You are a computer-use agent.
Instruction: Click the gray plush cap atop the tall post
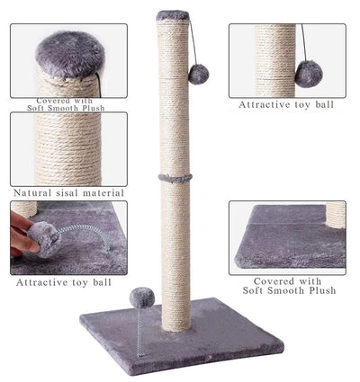click(173, 15)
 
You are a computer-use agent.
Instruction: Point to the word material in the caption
click(103, 193)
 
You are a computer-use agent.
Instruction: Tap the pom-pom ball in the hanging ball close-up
click(309, 73)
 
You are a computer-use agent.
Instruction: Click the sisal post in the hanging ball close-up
click(274, 59)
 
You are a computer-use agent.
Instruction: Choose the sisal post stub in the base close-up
click(335, 215)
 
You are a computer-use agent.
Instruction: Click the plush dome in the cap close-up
click(68, 52)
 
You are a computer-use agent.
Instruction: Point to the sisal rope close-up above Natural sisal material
click(68, 148)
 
